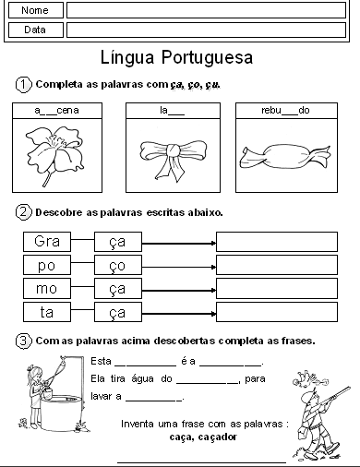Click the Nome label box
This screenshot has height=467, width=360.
click(35, 10)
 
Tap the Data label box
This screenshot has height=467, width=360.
click(35, 30)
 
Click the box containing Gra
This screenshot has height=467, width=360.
click(47, 242)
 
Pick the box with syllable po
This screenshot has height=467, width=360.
click(47, 266)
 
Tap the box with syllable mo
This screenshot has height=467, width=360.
click(47, 289)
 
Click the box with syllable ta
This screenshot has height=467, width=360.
click(47, 312)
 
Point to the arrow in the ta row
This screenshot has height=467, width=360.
click(178, 312)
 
